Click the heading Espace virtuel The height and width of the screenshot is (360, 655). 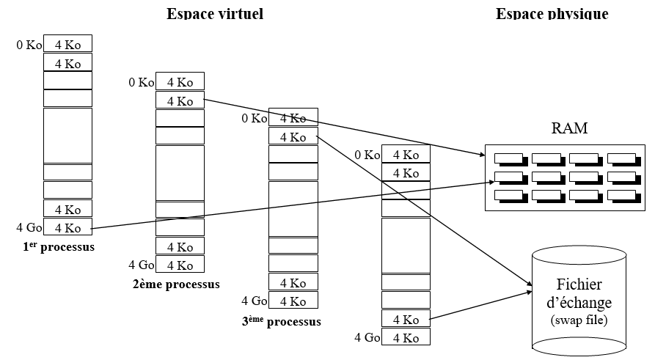tap(215, 14)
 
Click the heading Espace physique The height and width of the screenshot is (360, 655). tap(552, 14)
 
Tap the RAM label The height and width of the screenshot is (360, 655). tap(570, 129)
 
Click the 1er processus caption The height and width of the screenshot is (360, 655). tap(59, 247)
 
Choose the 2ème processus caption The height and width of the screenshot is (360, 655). tap(176, 284)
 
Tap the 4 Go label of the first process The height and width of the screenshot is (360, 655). tap(29, 227)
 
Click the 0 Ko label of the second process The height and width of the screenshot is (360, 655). tap(142, 82)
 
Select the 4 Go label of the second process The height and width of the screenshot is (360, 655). tap(142, 265)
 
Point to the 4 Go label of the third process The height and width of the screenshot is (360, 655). tap(254, 301)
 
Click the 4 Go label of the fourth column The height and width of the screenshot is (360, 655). tap(367, 337)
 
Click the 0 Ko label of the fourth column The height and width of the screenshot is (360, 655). tap(367, 155)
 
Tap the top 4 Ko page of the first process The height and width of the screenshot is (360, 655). tap(68, 44)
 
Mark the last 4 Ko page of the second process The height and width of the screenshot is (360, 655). tap(180, 265)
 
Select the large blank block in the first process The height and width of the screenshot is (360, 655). tap(68, 135)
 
